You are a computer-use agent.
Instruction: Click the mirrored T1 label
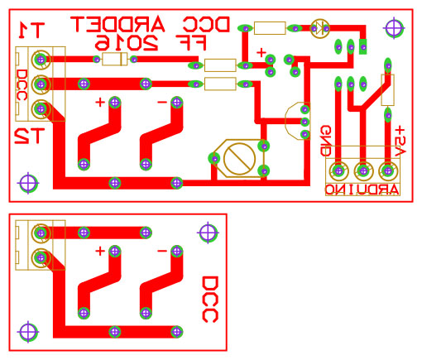tap(31, 30)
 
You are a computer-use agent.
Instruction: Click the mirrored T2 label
tap(30, 136)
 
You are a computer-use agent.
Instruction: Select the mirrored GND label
tap(326, 141)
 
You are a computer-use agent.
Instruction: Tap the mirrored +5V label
tap(400, 142)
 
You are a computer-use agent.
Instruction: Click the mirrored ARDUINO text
tap(362, 190)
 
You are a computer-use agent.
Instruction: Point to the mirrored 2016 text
tap(127, 43)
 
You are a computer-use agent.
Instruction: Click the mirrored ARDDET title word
tap(117, 24)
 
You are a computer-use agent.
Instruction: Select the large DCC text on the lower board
tap(210, 300)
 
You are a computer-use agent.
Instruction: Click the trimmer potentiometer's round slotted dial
tap(239, 159)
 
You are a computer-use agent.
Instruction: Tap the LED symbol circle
tap(320, 28)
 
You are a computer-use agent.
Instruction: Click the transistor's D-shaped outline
tap(297, 121)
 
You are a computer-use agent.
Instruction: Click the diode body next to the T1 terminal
tap(115, 59)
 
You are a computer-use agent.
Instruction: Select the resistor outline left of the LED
tap(270, 28)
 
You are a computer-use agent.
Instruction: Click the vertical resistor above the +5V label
tap(387, 90)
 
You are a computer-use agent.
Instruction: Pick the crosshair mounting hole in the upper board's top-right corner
tap(394, 28)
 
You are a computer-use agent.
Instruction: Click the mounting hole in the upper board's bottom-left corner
tap(28, 183)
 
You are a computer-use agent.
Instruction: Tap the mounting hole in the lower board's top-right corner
tap(208, 233)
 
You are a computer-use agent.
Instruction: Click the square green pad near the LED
tap(363, 46)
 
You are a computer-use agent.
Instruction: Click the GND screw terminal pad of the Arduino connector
tap(338, 171)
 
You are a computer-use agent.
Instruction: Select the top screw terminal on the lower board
tap(41, 233)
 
